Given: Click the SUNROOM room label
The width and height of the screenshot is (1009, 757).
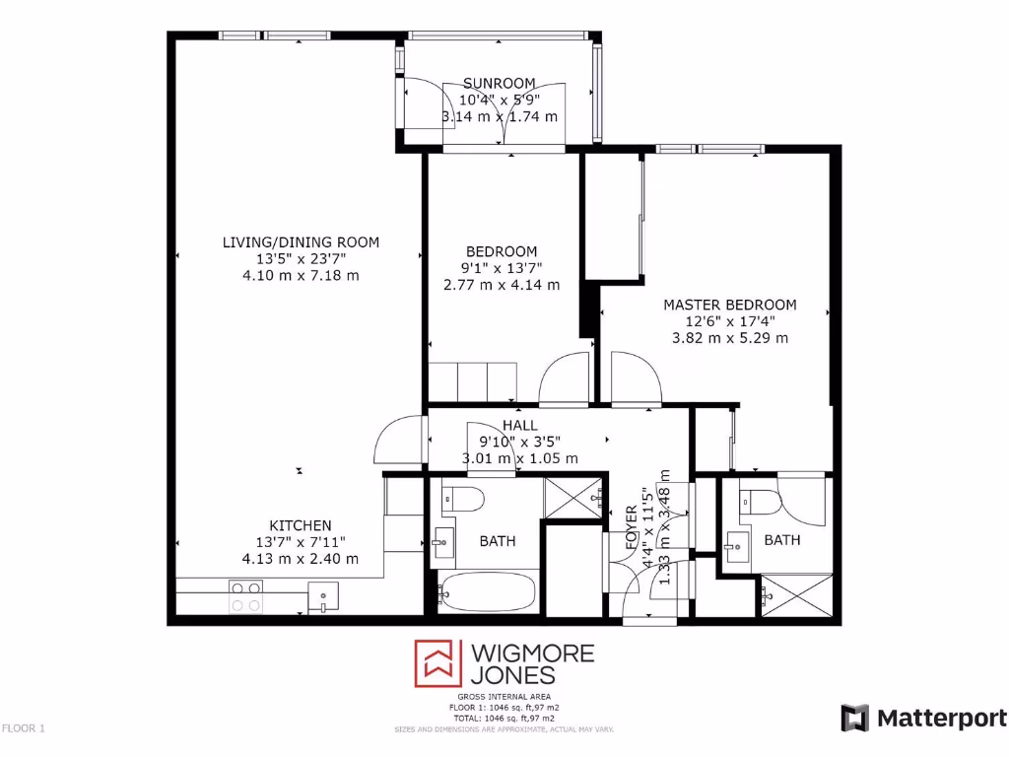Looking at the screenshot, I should tap(500, 84).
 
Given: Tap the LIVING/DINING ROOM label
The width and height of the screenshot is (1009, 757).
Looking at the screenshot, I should tap(301, 241).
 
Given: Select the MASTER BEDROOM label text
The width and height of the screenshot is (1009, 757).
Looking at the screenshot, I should tap(729, 305).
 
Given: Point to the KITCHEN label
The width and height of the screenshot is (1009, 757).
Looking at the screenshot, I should tap(301, 525).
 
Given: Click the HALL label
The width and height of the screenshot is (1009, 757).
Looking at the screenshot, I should tap(519, 425).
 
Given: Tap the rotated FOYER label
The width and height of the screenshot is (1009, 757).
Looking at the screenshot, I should tap(632, 531).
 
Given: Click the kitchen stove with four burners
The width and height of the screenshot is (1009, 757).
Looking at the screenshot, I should tap(246, 596).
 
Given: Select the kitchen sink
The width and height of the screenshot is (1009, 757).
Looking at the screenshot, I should tap(322, 595).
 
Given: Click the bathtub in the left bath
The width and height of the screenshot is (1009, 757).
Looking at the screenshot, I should tap(488, 592).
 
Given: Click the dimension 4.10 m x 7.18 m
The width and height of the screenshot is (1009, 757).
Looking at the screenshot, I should tap(301, 275).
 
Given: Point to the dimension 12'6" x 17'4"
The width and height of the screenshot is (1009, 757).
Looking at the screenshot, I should tap(729, 321).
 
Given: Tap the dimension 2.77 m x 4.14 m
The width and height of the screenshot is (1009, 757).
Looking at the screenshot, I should tap(502, 285).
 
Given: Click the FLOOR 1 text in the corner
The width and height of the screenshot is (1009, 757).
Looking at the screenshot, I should tap(24, 728).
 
